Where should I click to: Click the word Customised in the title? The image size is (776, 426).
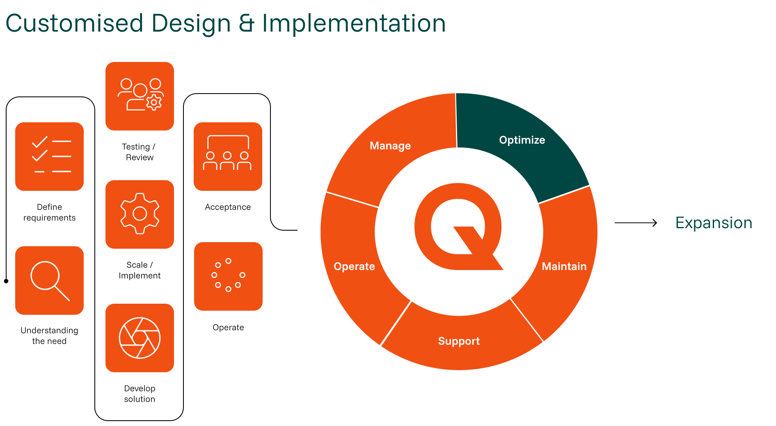pos(74,23)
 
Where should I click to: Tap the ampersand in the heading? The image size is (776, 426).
pos(246,23)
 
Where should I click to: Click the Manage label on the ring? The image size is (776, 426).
pos(390,146)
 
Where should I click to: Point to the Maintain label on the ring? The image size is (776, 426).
pos(564,266)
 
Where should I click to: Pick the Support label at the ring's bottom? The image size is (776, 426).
pos(459,341)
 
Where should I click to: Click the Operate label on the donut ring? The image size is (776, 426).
pos(354,266)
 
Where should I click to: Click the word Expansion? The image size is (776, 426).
pos(714,223)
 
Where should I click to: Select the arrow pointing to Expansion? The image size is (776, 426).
pos(636,223)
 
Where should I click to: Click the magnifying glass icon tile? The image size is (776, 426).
pos(49,280)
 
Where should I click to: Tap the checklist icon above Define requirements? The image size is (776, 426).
pos(49,156)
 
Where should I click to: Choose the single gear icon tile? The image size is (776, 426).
pos(140,214)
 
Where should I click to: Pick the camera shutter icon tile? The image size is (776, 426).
pos(140,338)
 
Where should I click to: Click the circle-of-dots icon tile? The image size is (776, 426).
pos(228,276)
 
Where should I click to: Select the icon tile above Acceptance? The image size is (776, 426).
pos(228,156)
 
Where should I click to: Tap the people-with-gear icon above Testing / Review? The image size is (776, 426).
pos(140,96)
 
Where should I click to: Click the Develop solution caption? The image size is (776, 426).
pos(140,394)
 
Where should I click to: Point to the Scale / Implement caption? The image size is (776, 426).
pos(140,270)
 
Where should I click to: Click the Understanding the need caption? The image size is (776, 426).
pos(49,336)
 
